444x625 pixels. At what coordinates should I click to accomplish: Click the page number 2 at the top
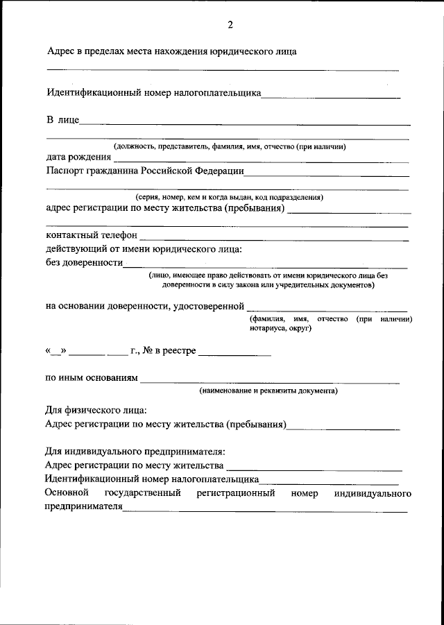(230, 26)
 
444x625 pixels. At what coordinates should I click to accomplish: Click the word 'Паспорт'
(66, 170)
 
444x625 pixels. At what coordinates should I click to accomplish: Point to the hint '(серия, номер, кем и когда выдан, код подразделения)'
(229, 197)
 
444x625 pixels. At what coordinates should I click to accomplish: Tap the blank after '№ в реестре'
(234, 355)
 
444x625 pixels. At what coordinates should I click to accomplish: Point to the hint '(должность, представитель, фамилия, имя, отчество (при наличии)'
(230, 146)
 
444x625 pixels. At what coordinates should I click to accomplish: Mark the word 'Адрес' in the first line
(61, 51)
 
